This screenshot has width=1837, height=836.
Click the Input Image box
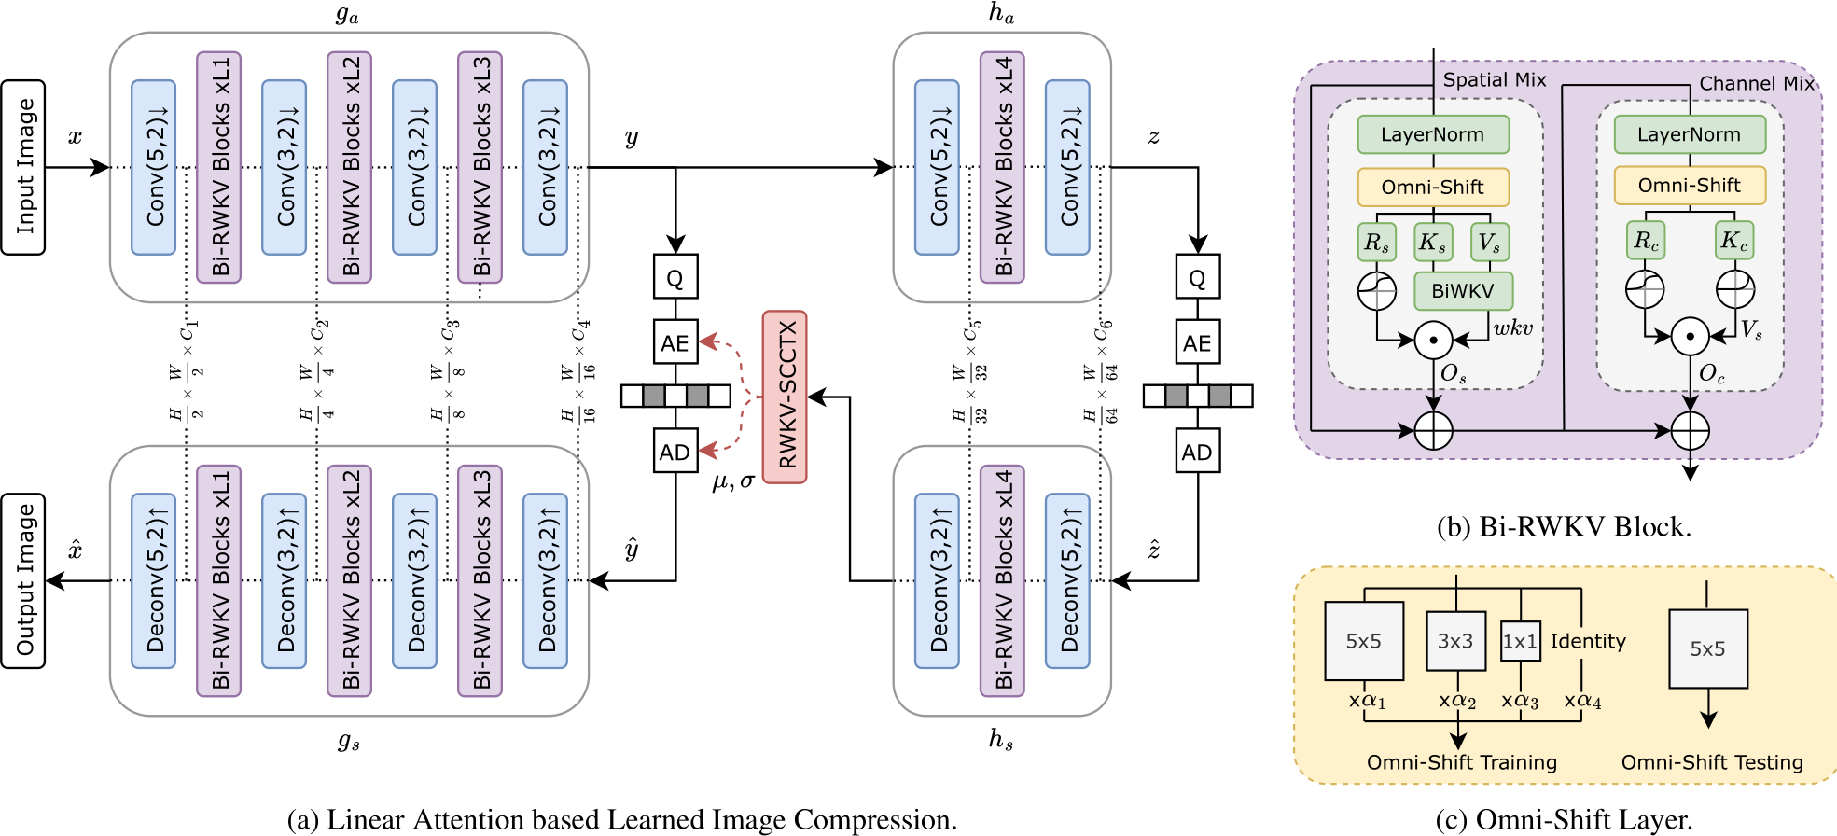pos(23,167)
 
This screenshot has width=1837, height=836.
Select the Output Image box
pos(23,580)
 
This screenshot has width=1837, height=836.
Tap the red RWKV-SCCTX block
pos(785,397)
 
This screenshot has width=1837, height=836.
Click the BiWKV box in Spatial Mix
pos(1463,290)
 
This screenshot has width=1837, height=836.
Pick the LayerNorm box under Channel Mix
pos(1690,134)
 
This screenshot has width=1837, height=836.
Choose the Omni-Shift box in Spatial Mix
pos(1433,187)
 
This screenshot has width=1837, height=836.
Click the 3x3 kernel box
pos(1455,641)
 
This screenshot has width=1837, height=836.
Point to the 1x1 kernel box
pos(1520,641)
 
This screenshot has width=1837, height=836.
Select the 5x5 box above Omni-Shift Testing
pos(1708,648)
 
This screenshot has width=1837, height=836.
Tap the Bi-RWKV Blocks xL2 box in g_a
pos(350,167)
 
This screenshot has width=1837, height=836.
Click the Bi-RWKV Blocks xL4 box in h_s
pos(1002,580)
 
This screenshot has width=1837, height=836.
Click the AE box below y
pos(675,342)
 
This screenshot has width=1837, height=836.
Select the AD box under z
pos(1197,452)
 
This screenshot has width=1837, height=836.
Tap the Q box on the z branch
pos(1197,276)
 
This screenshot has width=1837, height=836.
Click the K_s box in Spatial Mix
pos(1433,243)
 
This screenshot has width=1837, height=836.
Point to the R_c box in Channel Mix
pos(1646,241)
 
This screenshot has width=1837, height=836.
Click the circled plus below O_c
pos(1690,430)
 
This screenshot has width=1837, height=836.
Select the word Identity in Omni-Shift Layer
pos(1588,641)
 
